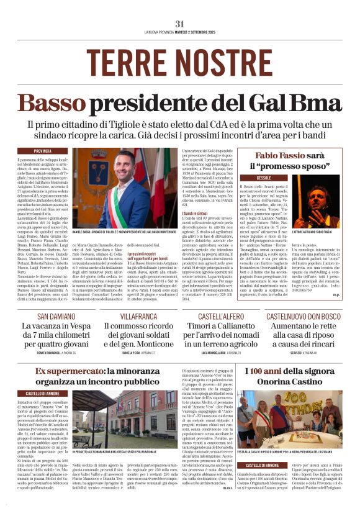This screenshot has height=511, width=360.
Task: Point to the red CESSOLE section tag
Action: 259,178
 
